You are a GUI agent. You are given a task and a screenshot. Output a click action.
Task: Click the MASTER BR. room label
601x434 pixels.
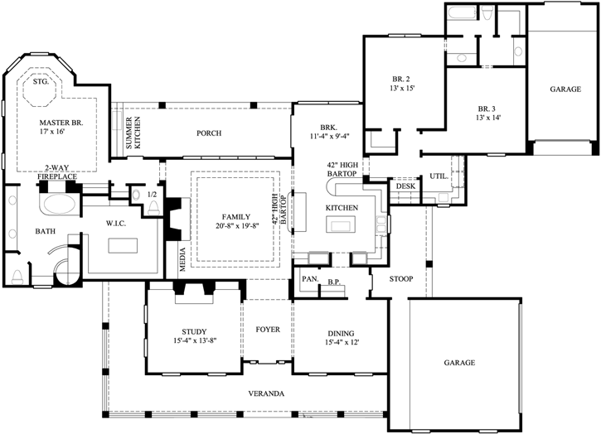[61, 123]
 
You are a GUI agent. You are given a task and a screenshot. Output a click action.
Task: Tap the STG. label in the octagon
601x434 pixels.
[41, 82]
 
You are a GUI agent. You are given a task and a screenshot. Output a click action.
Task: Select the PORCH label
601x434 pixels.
[209, 133]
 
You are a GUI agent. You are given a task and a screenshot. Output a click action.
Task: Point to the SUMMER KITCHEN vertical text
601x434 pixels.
[133, 133]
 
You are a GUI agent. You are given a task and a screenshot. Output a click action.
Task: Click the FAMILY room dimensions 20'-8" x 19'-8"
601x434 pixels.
[238, 225]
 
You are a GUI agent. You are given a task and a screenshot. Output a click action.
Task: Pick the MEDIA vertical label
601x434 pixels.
[182, 259]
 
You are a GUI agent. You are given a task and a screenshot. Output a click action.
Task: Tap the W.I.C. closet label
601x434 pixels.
[116, 224]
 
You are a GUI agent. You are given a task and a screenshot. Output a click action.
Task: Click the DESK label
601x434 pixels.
[405, 186]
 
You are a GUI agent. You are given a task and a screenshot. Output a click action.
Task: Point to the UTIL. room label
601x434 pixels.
[439, 176]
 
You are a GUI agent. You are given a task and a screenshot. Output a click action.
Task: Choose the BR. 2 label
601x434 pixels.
[401, 80]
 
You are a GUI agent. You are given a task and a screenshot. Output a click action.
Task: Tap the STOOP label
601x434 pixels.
[401, 279]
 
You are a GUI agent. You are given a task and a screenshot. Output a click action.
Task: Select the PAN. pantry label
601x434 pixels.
[311, 279]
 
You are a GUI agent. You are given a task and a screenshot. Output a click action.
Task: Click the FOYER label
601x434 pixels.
[268, 330]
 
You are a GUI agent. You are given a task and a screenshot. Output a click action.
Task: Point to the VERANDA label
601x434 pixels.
[266, 393]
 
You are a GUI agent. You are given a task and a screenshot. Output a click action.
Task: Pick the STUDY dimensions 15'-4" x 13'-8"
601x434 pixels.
[195, 340]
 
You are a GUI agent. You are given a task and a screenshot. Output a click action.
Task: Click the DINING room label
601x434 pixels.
[342, 334]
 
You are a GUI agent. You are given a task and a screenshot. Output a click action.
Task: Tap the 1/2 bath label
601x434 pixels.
[153, 195]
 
